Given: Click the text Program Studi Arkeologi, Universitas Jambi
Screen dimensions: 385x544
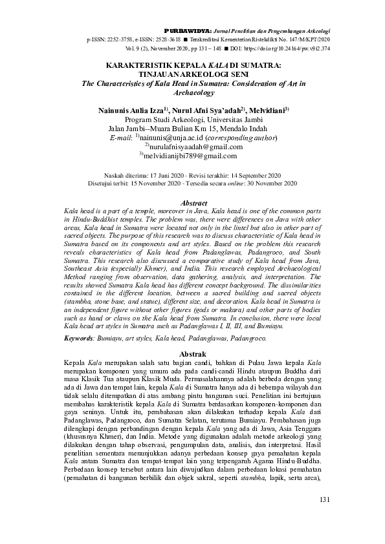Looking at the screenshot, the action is tap(192, 120).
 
